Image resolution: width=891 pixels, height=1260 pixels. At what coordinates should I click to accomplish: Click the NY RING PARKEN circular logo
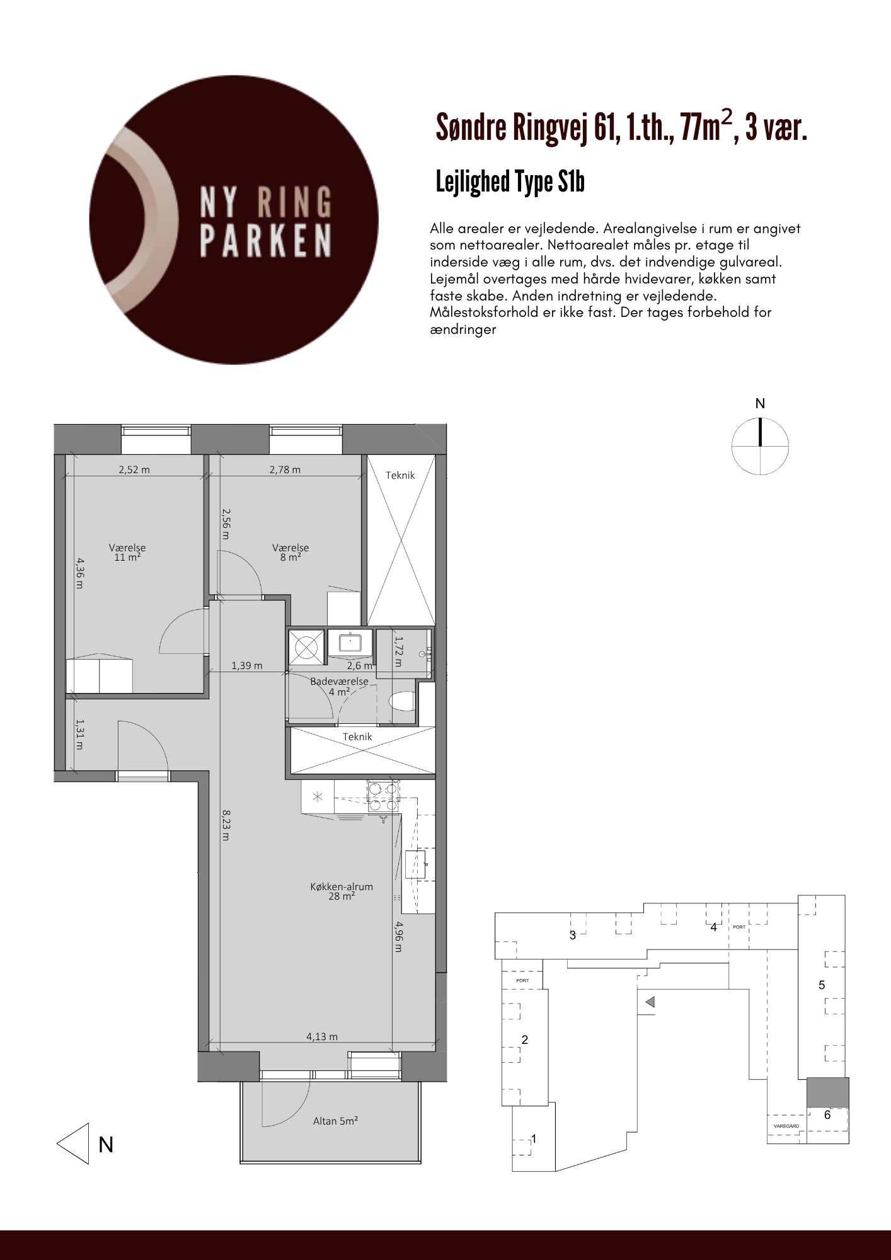click(x=234, y=220)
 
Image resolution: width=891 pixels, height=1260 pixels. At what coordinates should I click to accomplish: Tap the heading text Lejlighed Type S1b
click(x=510, y=182)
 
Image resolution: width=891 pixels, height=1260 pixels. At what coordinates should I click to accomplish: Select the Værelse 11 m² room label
click(x=127, y=553)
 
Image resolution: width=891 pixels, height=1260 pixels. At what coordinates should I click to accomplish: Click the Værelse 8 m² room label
click(x=290, y=553)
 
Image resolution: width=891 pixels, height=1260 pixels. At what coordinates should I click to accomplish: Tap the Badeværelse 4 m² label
click(x=339, y=686)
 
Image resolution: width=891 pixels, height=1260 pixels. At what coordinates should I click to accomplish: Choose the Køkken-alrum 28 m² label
click(x=342, y=891)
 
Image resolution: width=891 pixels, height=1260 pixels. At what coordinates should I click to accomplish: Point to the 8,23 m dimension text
click(x=225, y=825)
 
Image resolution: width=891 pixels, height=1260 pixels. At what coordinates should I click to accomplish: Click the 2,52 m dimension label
click(x=134, y=469)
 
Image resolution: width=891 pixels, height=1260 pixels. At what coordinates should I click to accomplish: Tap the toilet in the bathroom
click(x=401, y=701)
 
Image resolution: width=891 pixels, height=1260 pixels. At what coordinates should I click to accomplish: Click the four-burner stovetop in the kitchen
click(x=383, y=796)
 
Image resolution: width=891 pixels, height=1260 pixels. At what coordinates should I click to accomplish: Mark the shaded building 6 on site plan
click(x=828, y=1091)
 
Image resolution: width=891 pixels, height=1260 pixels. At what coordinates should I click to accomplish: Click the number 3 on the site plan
click(x=573, y=935)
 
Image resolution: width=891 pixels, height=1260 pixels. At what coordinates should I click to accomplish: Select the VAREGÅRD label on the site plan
click(x=786, y=1126)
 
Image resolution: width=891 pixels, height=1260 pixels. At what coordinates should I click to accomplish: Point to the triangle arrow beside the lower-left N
click(x=72, y=1143)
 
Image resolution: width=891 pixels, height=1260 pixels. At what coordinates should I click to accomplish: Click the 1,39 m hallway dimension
click(x=247, y=665)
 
